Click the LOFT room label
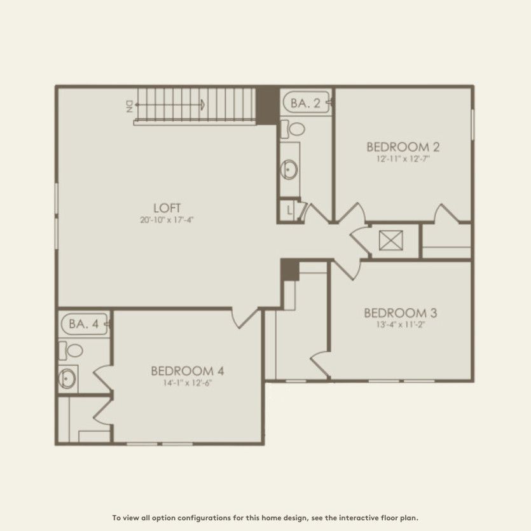[x=168, y=207]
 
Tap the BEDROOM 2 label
[x=403, y=147]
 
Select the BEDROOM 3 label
[x=400, y=313]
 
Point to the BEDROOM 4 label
[x=187, y=371]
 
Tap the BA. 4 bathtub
[x=85, y=324]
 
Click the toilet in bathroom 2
[x=294, y=128]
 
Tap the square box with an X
[x=387, y=241]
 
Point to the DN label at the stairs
[x=129, y=106]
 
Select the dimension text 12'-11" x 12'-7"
[x=403, y=159]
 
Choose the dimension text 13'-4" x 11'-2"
[x=400, y=325]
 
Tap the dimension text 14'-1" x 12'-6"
[x=187, y=383]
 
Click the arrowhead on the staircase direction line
[x=202, y=105]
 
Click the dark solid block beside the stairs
[x=266, y=101]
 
